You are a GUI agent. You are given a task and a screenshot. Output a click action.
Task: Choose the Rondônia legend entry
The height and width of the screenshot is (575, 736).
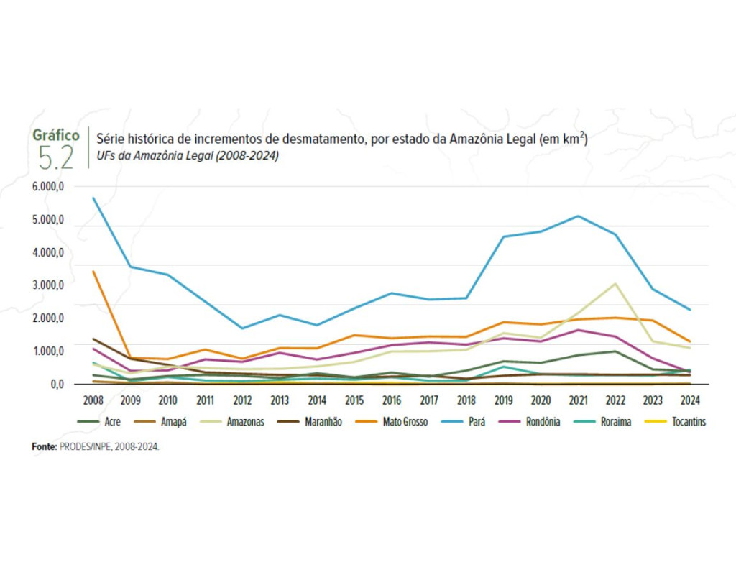point(540,422)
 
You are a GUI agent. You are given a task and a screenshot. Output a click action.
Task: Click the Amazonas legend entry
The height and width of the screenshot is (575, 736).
point(245,422)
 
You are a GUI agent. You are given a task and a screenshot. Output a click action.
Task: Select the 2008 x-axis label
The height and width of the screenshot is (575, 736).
point(93,399)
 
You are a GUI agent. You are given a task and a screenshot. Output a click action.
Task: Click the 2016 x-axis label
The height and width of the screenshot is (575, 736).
point(391,399)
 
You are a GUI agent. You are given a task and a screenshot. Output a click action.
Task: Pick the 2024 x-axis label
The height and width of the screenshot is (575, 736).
point(689,399)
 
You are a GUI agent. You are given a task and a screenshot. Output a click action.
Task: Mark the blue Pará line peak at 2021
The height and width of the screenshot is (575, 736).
point(578,216)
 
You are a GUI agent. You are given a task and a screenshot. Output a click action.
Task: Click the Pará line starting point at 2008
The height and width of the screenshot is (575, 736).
point(93,198)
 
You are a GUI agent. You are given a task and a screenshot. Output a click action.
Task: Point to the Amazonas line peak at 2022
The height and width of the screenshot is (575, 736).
point(615,283)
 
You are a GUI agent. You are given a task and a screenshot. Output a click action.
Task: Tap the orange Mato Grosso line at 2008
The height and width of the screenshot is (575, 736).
point(93,271)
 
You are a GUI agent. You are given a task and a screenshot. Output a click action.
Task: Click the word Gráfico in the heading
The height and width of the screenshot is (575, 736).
point(56,135)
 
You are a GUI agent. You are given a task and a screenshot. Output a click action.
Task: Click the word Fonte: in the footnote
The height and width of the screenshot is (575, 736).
point(44,446)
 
